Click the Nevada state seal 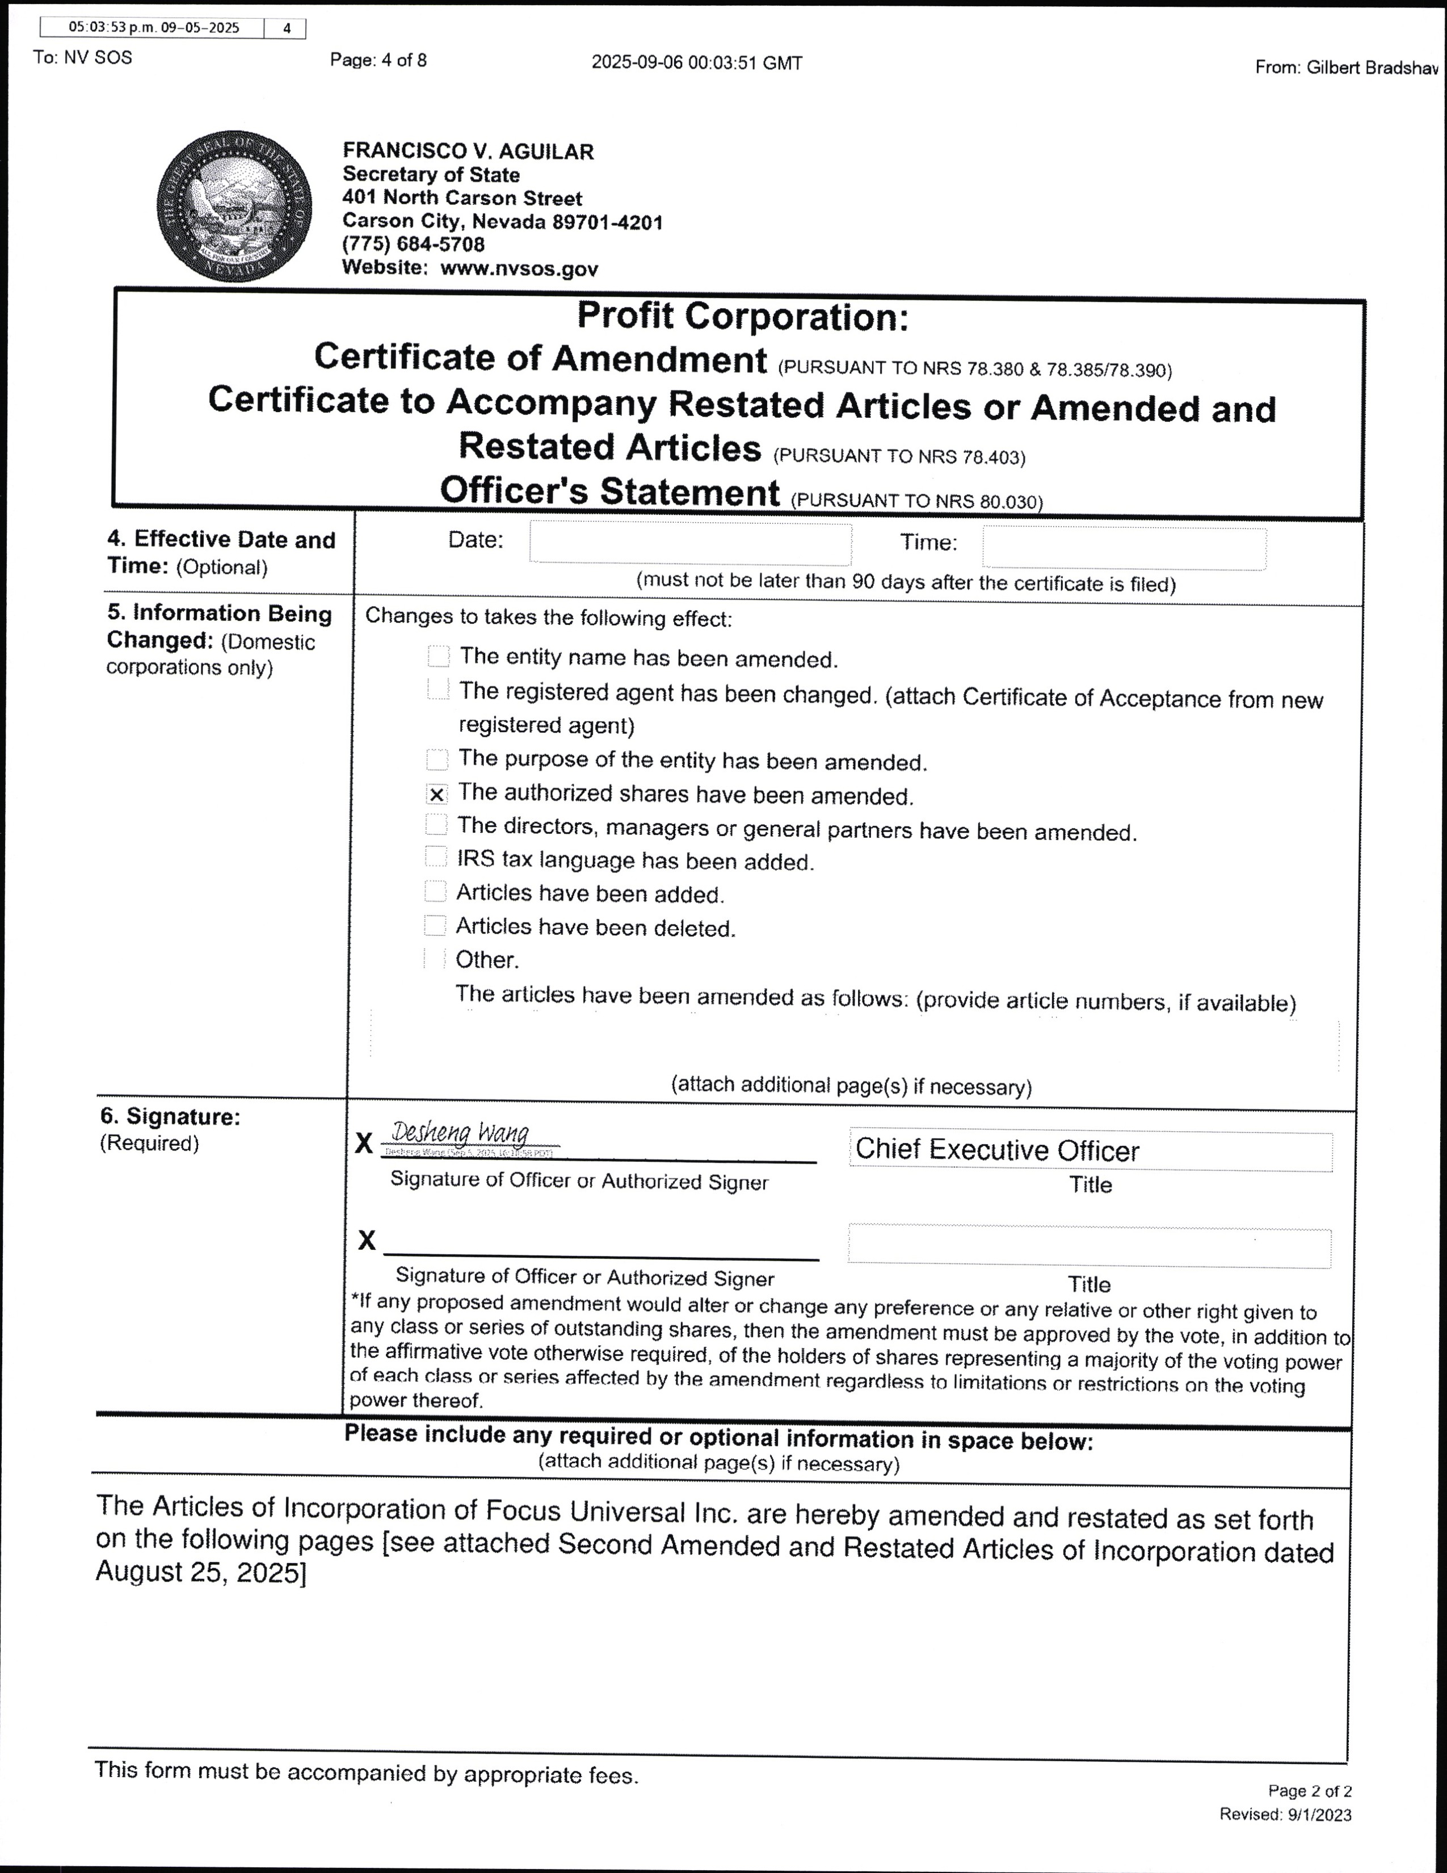(234, 207)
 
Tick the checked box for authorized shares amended (437, 794)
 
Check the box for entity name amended (438, 656)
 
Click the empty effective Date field (690, 543)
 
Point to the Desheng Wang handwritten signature (460, 1134)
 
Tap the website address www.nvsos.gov (519, 268)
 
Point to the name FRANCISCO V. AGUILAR (468, 152)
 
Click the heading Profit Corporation (742, 317)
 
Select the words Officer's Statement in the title (609, 492)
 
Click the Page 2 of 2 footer (1309, 1791)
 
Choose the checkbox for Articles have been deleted (435, 925)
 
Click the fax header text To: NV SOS (83, 58)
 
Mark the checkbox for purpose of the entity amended (437, 759)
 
